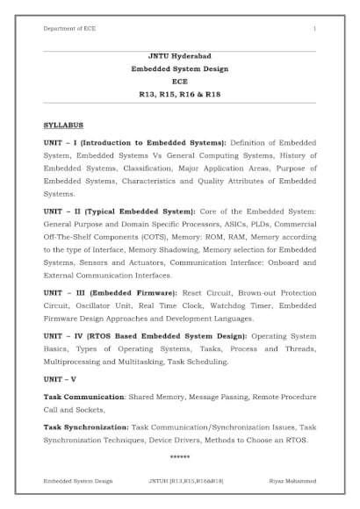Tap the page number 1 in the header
pos(314,29)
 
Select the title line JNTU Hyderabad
pos(180,55)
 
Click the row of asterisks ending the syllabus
pos(180,457)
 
